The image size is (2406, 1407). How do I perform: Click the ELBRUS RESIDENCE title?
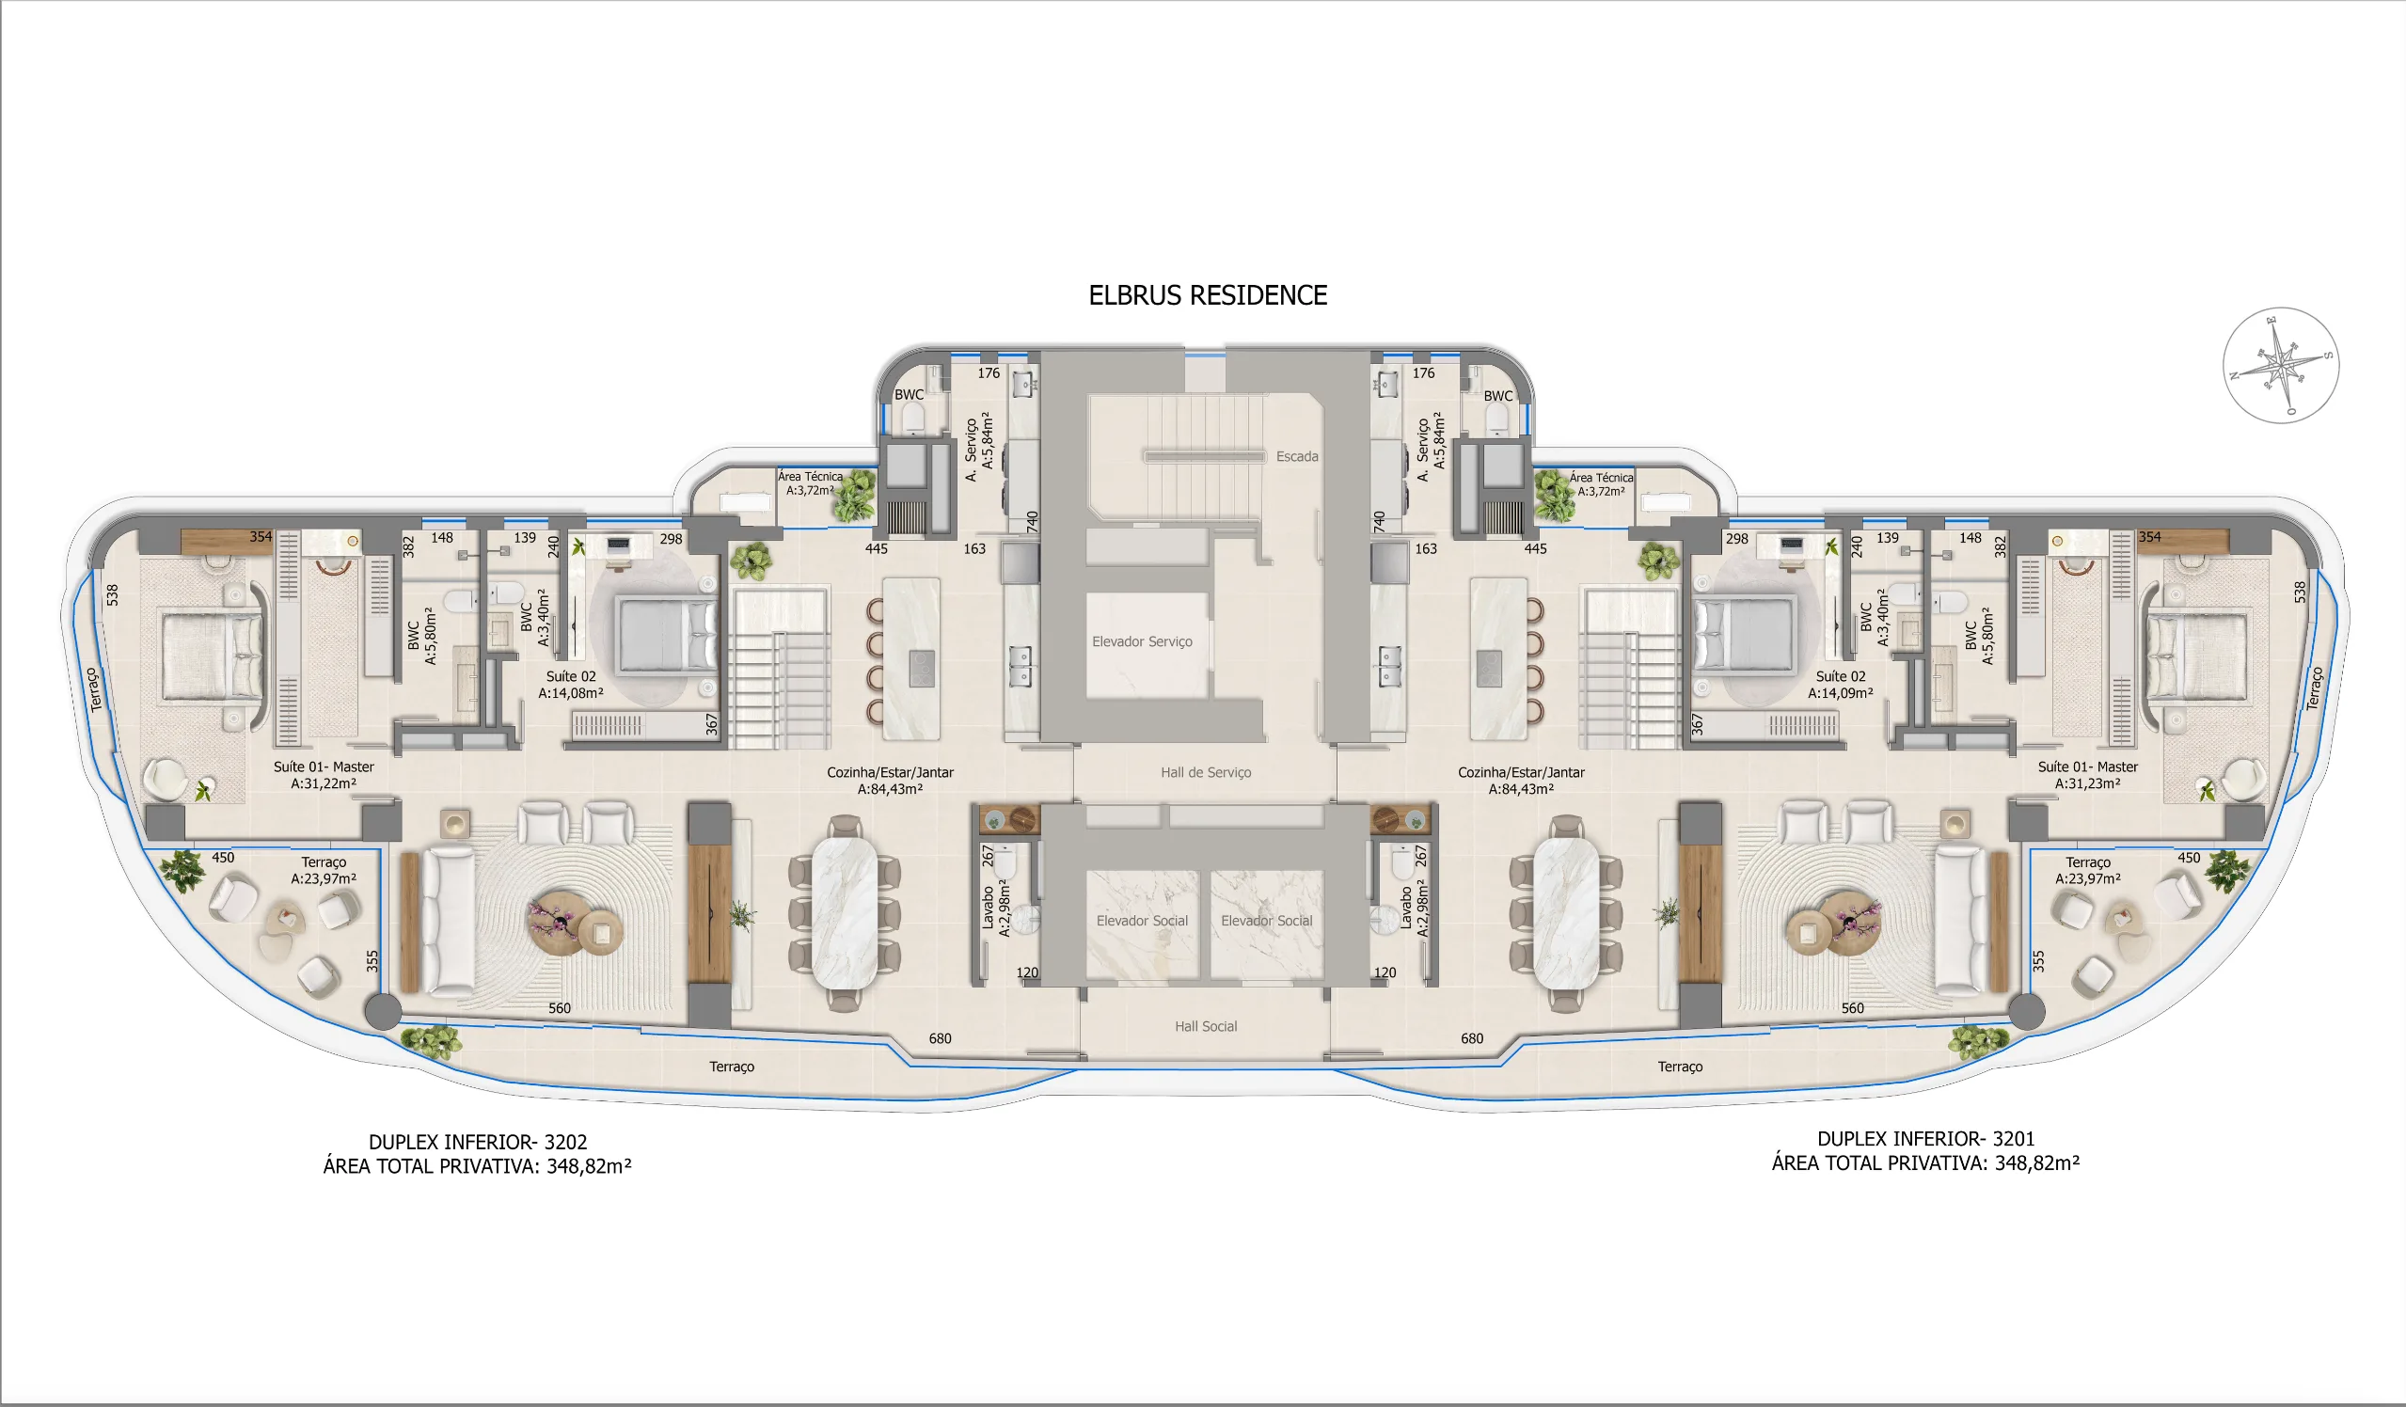point(1208,295)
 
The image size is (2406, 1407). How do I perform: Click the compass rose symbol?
point(2280,366)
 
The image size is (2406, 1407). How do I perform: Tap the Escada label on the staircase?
point(1296,456)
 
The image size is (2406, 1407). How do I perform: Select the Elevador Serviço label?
point(1142,641)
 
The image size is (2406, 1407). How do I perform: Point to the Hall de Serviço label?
point(1205,772)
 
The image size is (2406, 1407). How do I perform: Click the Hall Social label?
point(1205,1026)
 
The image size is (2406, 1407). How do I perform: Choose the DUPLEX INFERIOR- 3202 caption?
point(478,1142)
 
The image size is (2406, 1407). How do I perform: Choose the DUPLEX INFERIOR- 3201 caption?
point(1924,1139)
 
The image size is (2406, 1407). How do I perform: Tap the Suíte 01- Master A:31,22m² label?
point(324,775)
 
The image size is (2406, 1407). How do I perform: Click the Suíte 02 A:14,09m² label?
point(1840,685)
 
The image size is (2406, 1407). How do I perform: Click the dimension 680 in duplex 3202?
point(940,1038)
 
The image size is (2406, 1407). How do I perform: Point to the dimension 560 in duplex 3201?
point(1851,1008)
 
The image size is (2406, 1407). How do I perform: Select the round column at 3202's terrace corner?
point(383,1012)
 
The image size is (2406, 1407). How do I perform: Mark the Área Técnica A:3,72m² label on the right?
point(1600,484)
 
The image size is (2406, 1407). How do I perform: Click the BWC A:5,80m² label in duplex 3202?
point(421,636)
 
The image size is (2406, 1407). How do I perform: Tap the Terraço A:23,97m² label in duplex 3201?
point(2087,870)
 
